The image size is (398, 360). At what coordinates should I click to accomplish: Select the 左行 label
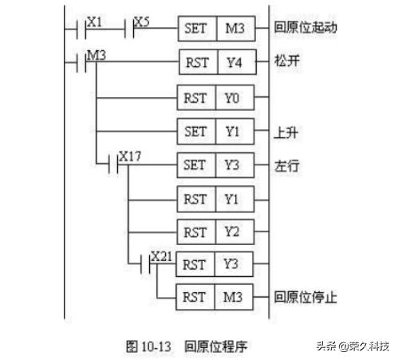tap(284, 167)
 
